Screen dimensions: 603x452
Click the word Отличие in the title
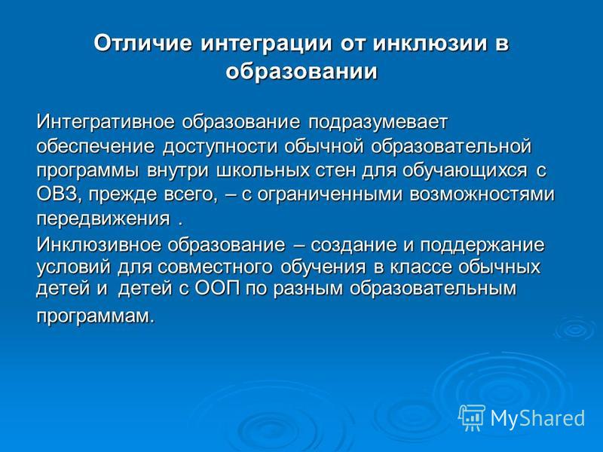click(142, 44)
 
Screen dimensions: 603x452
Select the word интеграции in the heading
click(266, 44)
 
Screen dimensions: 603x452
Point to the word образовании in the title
click(301, 72)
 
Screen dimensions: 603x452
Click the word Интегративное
click(106, 122)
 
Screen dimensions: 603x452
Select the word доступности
click(220, 147)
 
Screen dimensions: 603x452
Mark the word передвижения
click(103, 219)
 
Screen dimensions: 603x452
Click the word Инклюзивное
click(99, 245)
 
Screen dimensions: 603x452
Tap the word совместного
click(215, 267)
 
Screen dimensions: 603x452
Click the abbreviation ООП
click(218, 289)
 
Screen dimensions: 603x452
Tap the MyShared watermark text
click(537, 418)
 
